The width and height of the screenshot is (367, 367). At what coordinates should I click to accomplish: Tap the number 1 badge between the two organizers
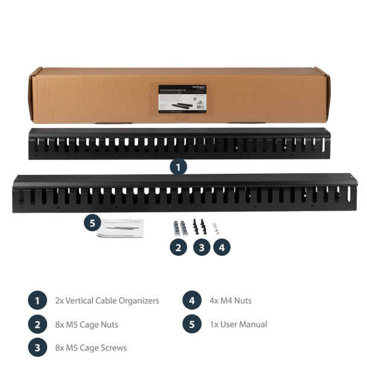(x=178, y=167)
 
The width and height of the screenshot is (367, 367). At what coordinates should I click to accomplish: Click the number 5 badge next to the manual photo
(x=92, y=223)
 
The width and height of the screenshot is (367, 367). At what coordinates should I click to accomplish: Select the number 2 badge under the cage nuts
(x=178, y=247)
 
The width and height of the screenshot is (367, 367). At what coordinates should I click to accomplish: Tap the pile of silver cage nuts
(x=179, y=228)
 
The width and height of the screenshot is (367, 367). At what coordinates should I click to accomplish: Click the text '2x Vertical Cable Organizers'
(x=107, y=301)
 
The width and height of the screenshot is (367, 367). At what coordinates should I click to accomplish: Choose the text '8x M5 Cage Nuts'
(x=86, y=325)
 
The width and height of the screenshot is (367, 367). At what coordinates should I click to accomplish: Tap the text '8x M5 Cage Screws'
(x=91, y=348)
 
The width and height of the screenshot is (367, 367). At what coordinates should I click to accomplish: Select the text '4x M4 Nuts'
(x=231, y=301)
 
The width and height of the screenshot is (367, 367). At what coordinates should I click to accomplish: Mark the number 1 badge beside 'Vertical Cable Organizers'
(x=37, y=301)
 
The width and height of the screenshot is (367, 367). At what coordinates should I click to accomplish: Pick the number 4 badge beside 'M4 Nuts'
(x=191, y=301)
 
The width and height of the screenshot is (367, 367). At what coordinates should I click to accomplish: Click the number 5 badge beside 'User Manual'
(x=191, y=324)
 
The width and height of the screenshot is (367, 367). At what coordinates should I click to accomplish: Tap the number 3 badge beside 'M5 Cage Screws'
(x=37, y=348)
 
